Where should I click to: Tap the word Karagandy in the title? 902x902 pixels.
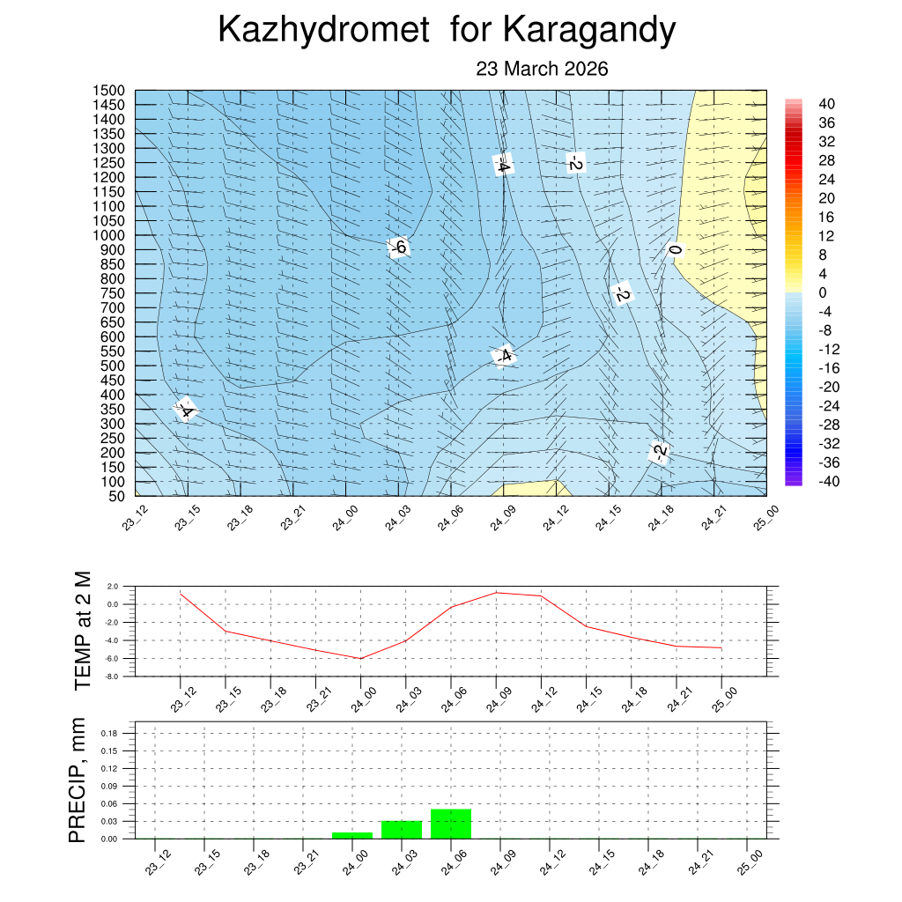589,31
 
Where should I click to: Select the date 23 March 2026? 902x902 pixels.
542,69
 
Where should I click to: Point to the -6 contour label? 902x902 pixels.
398,248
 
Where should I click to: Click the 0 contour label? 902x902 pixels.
675,251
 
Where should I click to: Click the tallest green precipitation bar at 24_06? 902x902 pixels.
451,824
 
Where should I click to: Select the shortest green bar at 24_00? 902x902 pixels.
352,835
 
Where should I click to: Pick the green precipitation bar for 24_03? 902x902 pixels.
402,829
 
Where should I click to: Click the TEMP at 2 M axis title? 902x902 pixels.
83,630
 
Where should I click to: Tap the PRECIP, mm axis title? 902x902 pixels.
78,780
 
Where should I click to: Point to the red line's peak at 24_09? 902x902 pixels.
496,592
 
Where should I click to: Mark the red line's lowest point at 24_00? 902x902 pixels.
360,658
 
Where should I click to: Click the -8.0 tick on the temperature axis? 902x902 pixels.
111,676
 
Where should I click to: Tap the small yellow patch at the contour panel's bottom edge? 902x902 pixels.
533,488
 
